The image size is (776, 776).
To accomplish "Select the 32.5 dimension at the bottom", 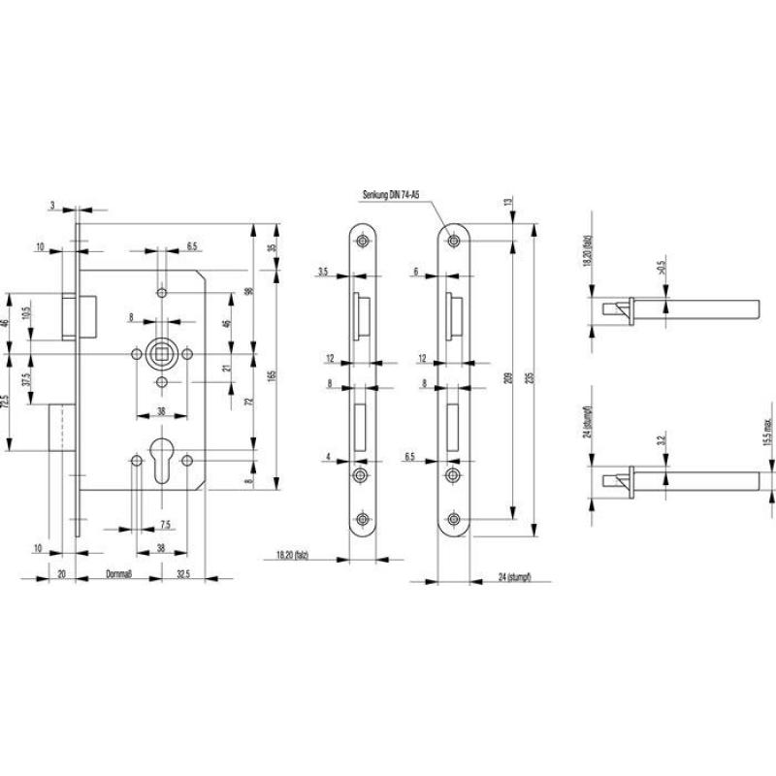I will pos(183,575).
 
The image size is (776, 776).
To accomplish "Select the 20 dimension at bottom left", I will pos(61,575).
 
